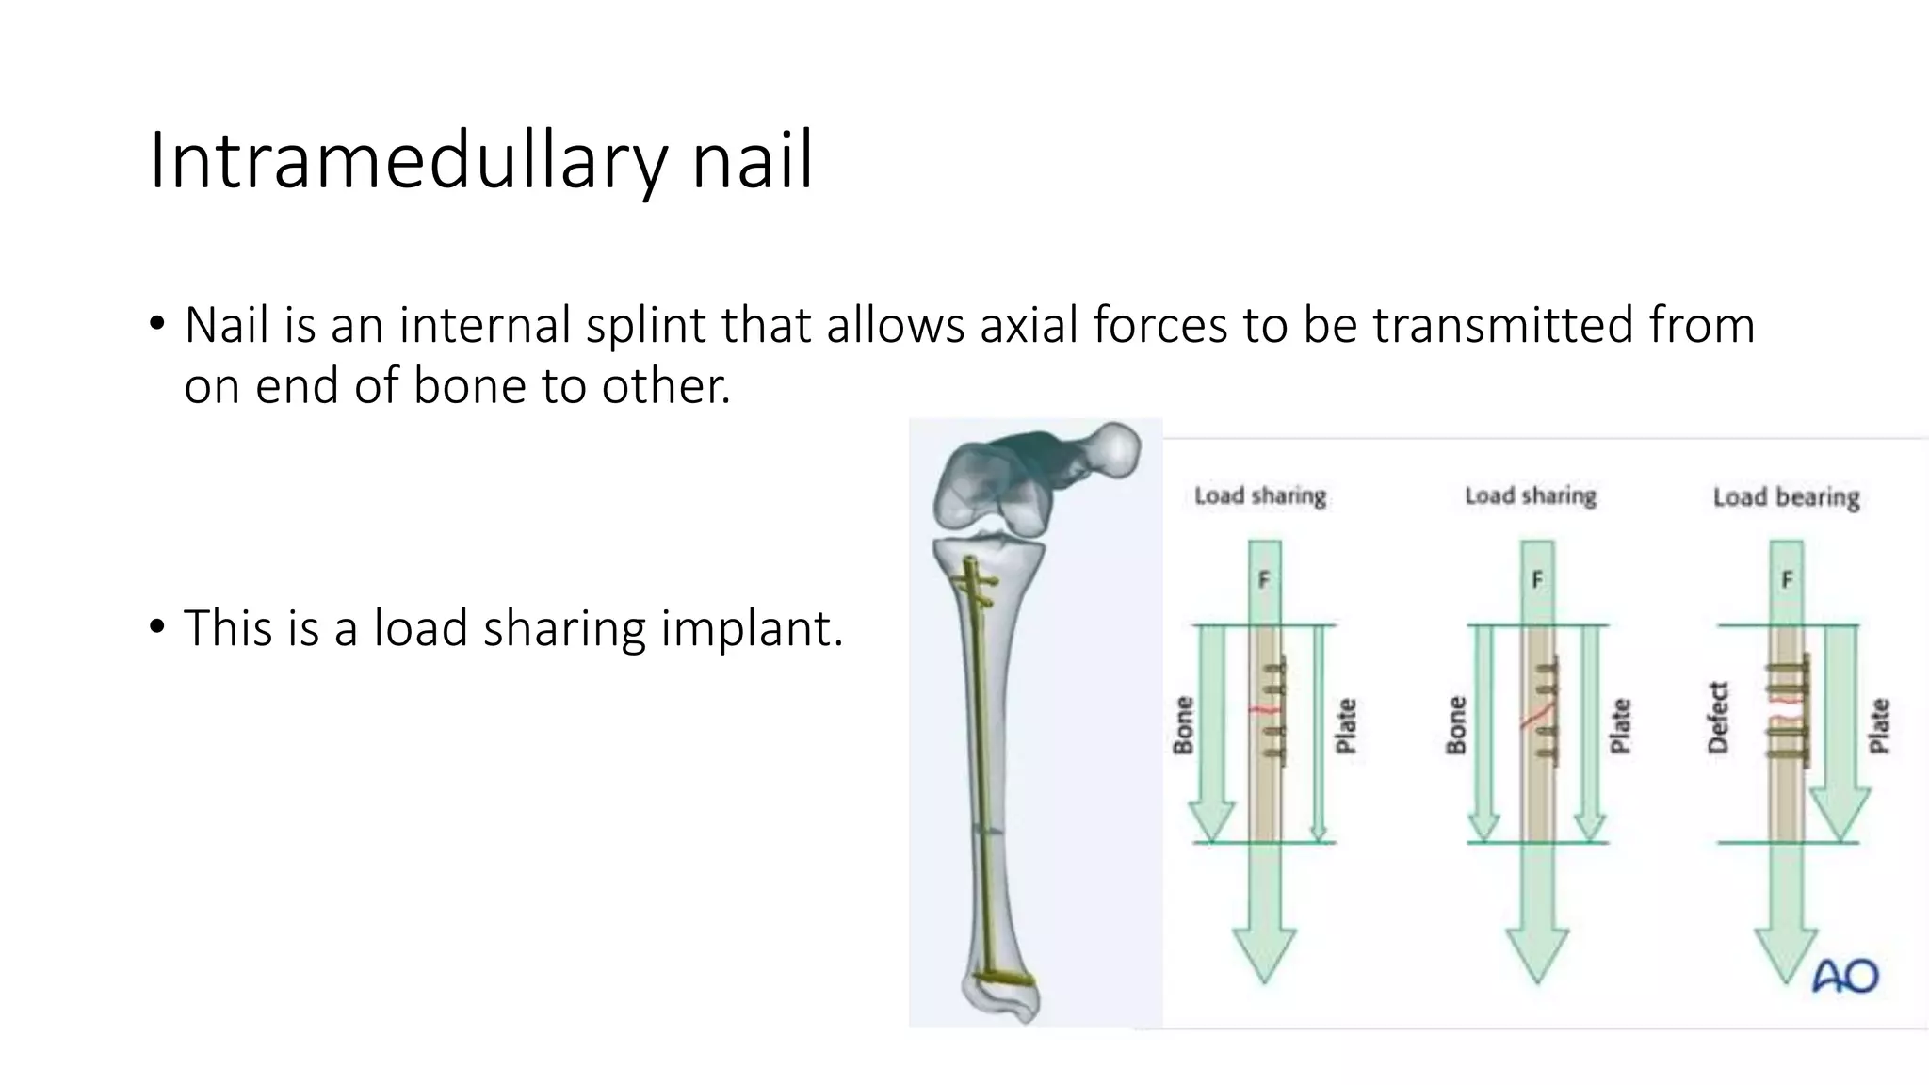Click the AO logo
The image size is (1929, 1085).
[x=1845, y=977]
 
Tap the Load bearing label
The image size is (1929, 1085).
[x=1786, y=497]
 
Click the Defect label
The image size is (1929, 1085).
[x=1719, y=718]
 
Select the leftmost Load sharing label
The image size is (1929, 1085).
[x=1259, y=495]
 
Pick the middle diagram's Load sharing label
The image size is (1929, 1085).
[x=1531, y=495]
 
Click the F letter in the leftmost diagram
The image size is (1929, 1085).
[x=1264, y=580]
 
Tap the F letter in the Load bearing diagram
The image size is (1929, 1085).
[x=1787, y=580]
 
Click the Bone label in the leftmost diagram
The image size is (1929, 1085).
[x=1183, y=725]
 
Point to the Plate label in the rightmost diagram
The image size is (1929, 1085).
[x=1879, y=725]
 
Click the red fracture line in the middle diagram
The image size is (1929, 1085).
[x=1536, y=717]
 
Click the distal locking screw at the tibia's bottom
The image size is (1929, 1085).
[x=1004, y=979]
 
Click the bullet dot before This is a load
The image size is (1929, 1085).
[x=157, y=625]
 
